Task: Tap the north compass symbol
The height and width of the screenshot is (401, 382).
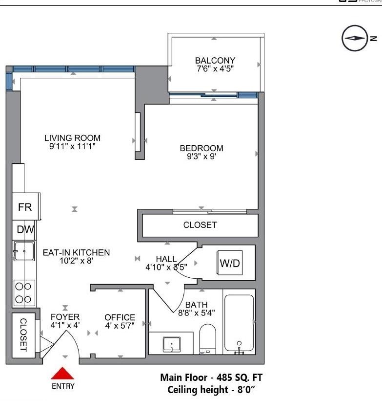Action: click(354, 38)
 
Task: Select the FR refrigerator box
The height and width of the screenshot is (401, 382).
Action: click(25, 207)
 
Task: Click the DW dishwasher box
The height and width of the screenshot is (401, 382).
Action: click(23, 229)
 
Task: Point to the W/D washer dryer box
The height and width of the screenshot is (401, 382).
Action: click(230, 264)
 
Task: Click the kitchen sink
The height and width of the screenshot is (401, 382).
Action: click(23, 251)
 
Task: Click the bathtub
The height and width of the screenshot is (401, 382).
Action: click(239, 323)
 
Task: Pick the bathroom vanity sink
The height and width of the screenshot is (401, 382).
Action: click(172, 344)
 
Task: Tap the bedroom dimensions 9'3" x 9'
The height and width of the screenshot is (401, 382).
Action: click(201, 157)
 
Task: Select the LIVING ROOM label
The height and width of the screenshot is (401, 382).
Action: click(72, 138)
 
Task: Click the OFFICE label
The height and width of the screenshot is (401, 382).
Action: click(120, 317)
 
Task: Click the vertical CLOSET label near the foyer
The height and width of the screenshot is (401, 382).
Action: click(23, 335)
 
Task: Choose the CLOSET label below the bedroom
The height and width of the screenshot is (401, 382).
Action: click(200, 225)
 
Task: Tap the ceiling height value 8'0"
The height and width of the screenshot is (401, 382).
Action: click(247, 390)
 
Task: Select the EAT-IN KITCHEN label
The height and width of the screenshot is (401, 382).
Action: click(76, 252)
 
